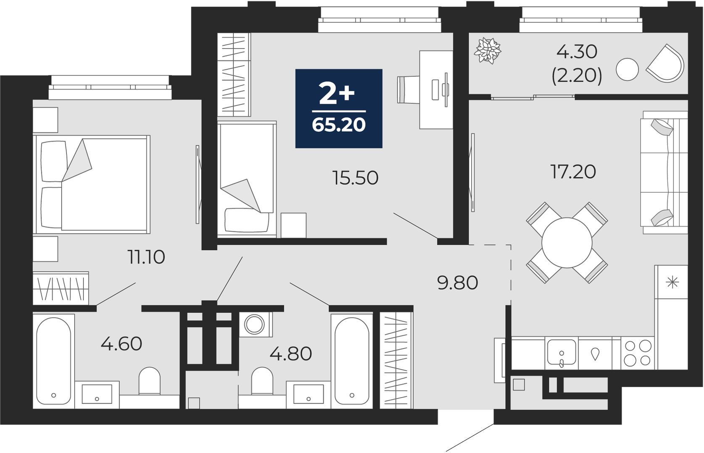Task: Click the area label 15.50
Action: (x=355, y=178)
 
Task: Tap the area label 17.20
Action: (x=573, y=172)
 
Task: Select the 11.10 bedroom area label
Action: (x=146, y=257)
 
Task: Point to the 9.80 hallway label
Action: (x=458, y=283)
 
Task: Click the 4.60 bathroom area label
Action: (x=121, y=344)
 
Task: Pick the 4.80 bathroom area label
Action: (x=291, y=353)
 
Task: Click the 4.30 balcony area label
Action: (x=577, y=52)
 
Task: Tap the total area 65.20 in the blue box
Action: (x=339, y=125)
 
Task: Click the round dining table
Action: (x=567, y=243)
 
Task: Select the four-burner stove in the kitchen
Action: (x=638, y=353)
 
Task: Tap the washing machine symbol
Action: (x=254, y=324)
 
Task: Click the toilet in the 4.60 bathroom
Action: (x=150, y=380)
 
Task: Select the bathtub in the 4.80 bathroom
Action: (x=352, y=361)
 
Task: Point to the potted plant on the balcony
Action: (x=488, y=50)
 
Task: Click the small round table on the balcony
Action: (x=628, y=69)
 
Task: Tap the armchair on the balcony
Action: (x=666, y=64)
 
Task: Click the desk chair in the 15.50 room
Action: (x=409, y=90)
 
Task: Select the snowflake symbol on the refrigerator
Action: (x=672, y=282)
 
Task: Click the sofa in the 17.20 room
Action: (x=664, y=173)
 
